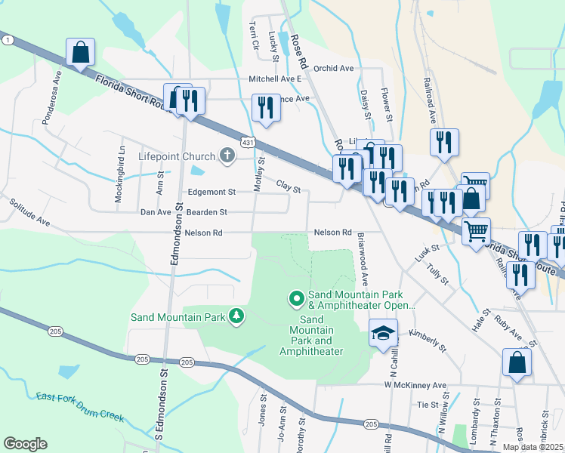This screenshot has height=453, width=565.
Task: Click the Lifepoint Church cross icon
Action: [225, 156]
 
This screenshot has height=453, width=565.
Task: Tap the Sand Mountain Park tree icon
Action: [237, 316]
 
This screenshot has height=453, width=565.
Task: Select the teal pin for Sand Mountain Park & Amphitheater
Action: [297, 300]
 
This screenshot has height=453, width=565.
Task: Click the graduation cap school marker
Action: [383, 331]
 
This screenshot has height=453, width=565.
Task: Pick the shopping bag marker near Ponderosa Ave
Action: [80, 53]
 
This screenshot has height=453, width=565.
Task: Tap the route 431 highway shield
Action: [248, 142]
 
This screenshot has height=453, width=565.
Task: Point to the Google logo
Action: [25, 443]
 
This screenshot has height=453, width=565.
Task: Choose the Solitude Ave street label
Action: [30, 214]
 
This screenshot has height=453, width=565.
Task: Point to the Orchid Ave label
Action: [333, 68]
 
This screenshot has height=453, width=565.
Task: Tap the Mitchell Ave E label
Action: [275, 79]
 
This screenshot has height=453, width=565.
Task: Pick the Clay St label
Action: [289, 184]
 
